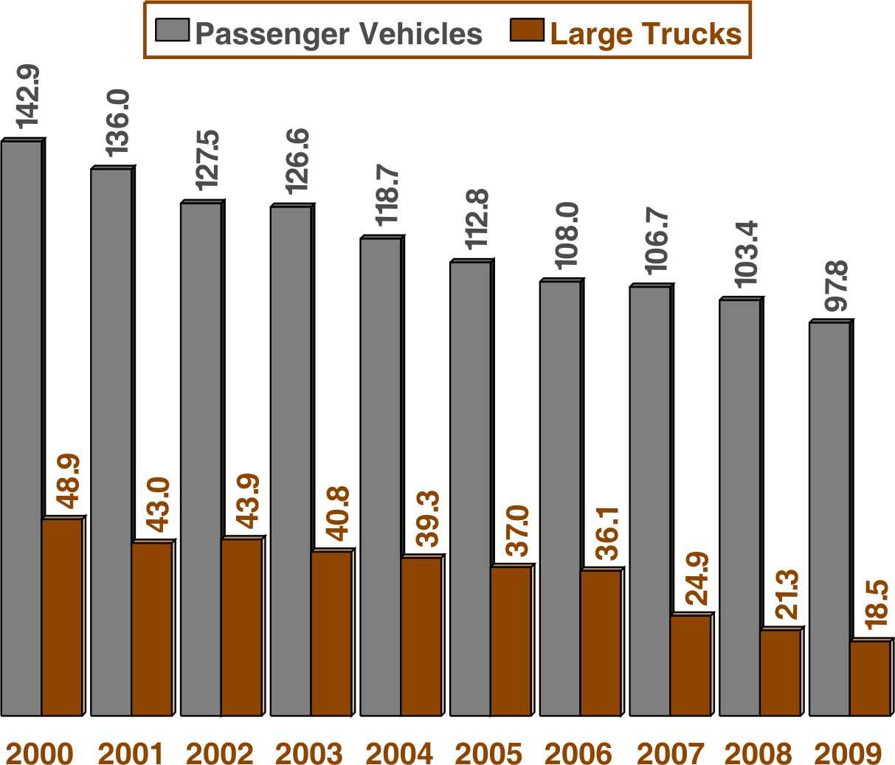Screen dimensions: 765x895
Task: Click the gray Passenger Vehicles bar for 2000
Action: (x=21, y=428)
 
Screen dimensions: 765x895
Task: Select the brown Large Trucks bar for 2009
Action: (x=869, y=678)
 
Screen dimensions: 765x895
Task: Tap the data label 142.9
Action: (x=30, y=96)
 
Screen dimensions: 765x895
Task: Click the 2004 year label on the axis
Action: (x=399, y=753)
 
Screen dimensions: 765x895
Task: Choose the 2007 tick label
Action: (x=669, y=753)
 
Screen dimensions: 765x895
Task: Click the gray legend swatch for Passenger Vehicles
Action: (x=173, y=32)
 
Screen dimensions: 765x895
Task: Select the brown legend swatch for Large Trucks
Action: (x=527, y=32)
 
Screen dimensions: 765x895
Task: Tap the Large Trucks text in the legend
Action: (x=646, y=34)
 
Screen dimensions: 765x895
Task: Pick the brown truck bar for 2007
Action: (x=690, y=665)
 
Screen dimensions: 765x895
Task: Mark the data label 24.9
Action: (x=697, y=578)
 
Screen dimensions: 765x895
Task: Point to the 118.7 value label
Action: (x=387, y=195)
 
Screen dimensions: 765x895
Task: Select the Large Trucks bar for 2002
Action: (x=241, y=627)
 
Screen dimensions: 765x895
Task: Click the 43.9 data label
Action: (x=248, y=502)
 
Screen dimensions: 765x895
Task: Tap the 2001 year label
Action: (x=130, y=753)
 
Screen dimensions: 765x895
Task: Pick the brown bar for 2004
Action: (x=421, y=636)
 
